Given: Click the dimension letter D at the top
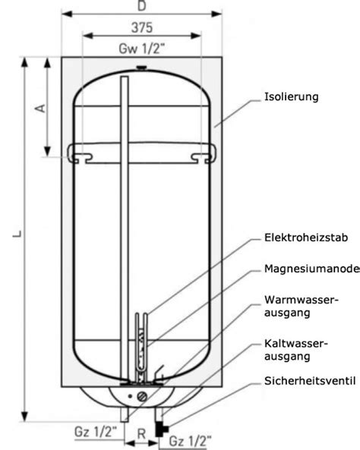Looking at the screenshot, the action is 142,6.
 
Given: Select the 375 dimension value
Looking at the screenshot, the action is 142,27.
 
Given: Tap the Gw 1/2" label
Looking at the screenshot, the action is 142,49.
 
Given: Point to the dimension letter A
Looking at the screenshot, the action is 40,108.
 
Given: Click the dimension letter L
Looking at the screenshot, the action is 17,234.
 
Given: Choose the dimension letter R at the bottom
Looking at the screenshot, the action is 141,434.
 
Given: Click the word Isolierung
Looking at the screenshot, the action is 292,96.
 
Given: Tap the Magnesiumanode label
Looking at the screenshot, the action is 312,269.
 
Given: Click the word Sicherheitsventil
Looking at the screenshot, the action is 310,381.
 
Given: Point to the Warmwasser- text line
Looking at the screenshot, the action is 302,300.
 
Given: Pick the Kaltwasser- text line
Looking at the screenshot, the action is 296,343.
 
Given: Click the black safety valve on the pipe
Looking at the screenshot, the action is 161,430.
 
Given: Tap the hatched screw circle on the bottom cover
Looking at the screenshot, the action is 142,397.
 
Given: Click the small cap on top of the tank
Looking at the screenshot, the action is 141,68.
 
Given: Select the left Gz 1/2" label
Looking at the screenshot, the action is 96,432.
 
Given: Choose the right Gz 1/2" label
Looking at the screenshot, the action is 190,442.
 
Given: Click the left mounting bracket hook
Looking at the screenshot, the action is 80,155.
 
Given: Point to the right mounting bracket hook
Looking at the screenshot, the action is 204,156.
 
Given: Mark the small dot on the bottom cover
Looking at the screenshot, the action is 131,396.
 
